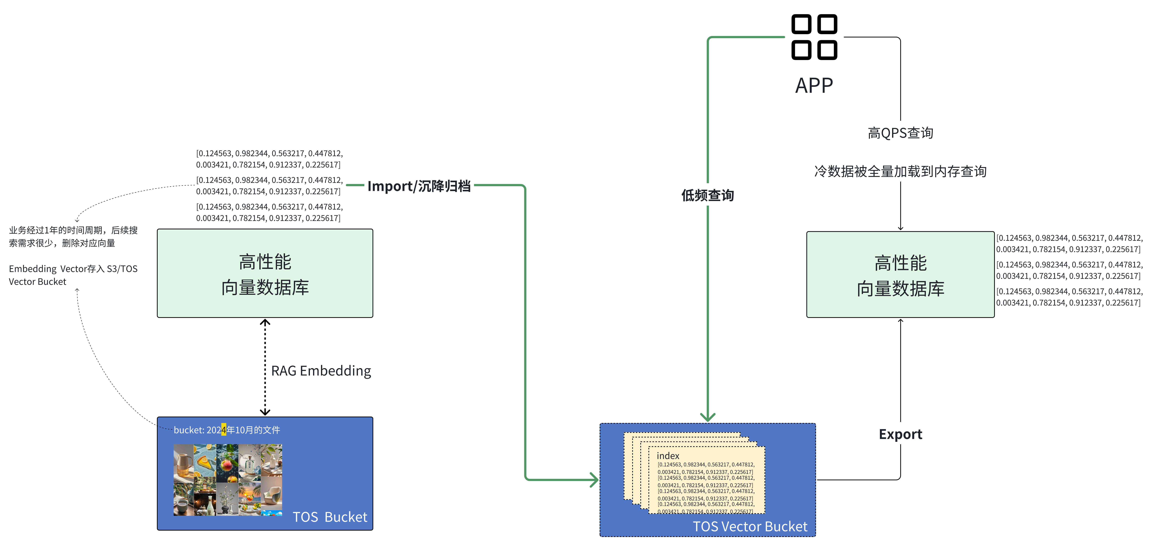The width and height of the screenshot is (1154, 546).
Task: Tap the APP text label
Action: [814, 85]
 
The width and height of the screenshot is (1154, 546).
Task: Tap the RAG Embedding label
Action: [321, 371]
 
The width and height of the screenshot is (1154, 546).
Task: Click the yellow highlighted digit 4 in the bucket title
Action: [224, 430]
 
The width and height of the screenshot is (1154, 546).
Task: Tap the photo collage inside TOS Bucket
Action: [228, 480]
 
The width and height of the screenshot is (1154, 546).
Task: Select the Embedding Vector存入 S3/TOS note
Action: [73, 275]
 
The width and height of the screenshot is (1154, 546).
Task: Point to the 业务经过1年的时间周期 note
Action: [73, 236]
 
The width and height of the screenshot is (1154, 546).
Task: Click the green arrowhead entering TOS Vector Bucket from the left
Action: [594, 480]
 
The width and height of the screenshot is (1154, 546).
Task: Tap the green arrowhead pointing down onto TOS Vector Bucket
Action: [707, 417]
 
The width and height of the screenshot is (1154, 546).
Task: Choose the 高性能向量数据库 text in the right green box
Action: [900, 276]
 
